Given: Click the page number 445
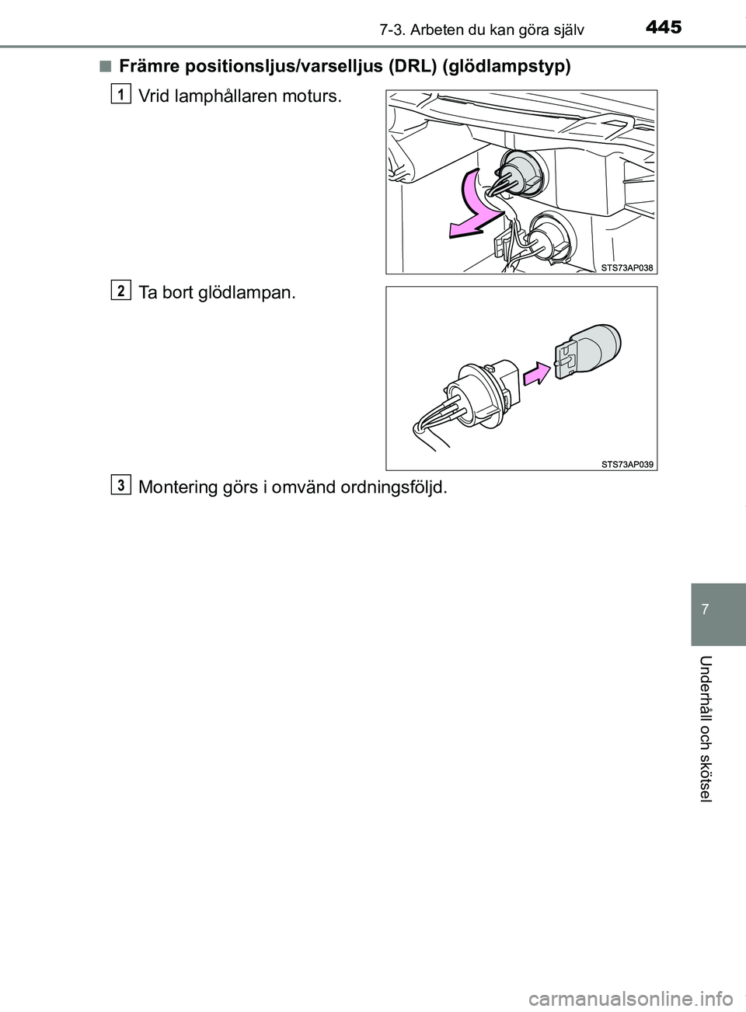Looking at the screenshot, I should (663, 28).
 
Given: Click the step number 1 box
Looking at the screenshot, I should (120, 94).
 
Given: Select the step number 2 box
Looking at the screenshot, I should (120, 290).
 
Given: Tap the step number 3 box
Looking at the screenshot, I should (120, 484).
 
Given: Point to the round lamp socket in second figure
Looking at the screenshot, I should (474, 396).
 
